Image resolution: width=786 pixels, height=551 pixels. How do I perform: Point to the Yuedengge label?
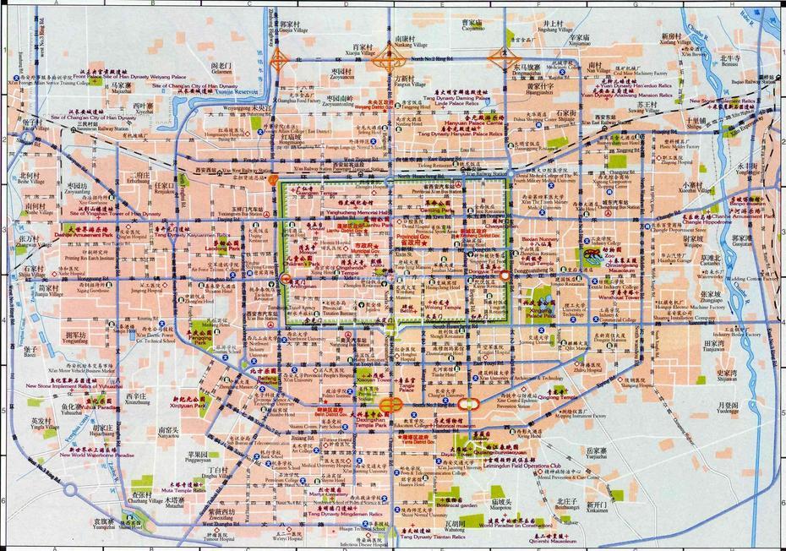727,412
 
